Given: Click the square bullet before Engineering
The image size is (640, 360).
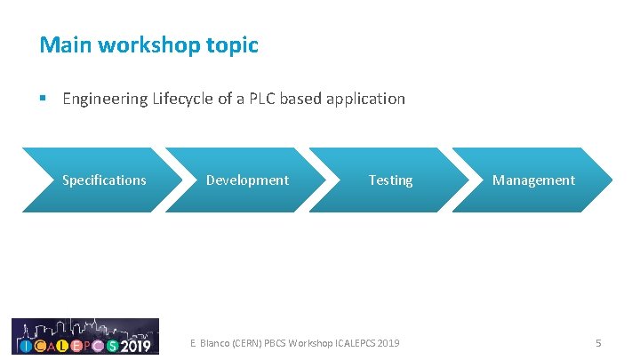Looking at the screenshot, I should pyautogui.click(x=43, y=99).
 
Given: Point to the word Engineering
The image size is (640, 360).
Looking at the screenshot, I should pyautogui.click(x=104, y=99).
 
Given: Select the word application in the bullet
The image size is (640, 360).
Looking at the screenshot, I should pyautogui.click(x=365, y=99).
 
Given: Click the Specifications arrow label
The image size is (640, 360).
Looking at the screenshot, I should pyautogui.click(x=104, y=180).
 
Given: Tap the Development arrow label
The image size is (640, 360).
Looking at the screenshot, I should pyautogui.click(x=247, y=180).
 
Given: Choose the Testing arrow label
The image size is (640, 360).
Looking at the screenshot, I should pyautogui.click(x=391, y=180).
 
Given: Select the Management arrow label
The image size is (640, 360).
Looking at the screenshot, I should pyautogui.click(x=533, y=180).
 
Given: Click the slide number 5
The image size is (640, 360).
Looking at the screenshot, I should pyautogui.click(x=598, y=343).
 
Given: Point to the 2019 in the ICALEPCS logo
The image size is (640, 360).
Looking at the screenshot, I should pyautogui.click(x=136, y=345).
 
